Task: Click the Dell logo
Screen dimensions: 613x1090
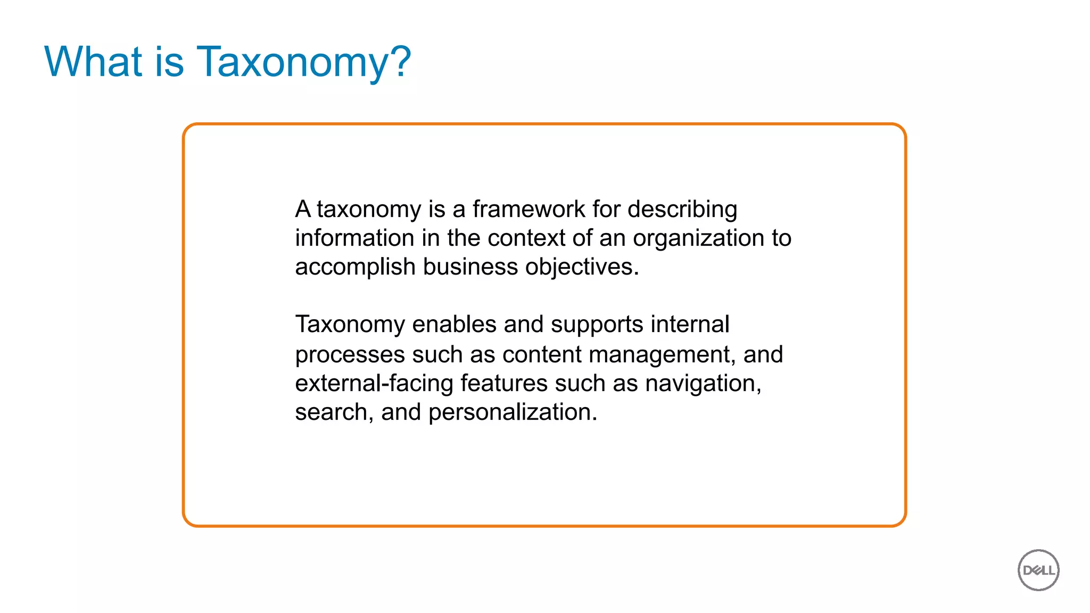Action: [x=1038, y=570]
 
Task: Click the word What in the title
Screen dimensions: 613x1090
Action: [x=93, y=62]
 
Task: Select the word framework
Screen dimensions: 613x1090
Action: [x=529, y=209]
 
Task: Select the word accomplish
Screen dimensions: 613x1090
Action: [x=355, y=267]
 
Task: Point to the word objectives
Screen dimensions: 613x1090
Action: [x=582, y=267]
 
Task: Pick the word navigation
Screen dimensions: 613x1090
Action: [x=703, y=384]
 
